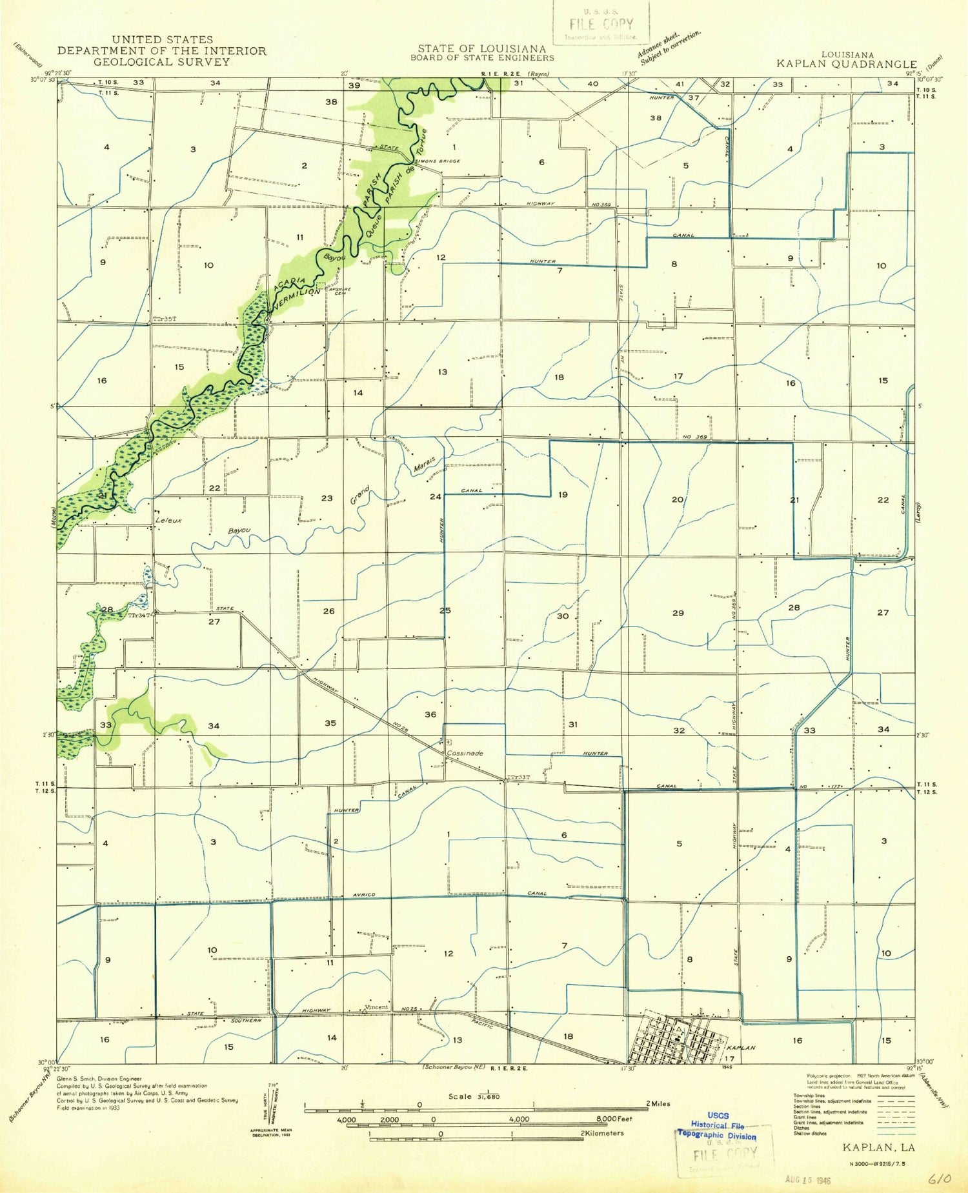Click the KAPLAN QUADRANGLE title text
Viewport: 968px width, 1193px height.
[846, 64]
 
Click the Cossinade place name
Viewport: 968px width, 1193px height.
[465, 753]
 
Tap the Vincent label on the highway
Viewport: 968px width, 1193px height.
[376, 1007]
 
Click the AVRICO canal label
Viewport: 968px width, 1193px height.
[364, 894]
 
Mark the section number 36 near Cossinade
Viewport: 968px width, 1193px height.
[430, 714]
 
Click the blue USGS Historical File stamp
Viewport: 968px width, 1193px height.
[716, 1125]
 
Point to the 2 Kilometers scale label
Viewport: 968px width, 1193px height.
[601, 1133]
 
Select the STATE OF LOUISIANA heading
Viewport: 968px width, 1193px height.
[481, 49]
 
